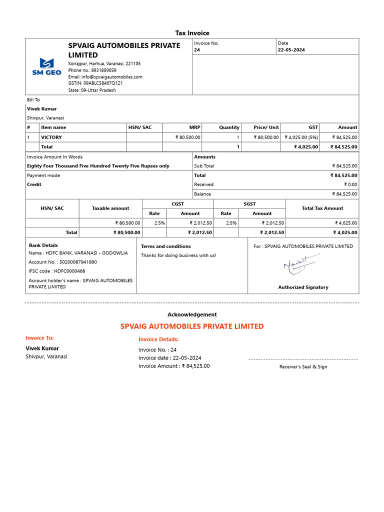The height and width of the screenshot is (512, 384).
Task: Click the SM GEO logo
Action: [44, 66]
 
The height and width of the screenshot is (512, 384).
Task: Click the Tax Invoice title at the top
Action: [192, 33]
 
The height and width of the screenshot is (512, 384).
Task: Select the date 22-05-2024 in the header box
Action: [291, 50]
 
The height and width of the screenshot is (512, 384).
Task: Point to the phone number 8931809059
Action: [103, 70]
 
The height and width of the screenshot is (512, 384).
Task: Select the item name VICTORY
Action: [51, 137]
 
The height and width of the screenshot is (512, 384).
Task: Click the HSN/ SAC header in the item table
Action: [139, 127]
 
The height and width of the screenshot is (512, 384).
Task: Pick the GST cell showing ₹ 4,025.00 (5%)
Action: [301, 137]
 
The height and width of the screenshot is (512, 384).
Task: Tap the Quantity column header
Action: [229, 127]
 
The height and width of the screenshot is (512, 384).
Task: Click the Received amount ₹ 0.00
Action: [350, 184]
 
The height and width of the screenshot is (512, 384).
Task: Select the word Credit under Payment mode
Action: [34, 184]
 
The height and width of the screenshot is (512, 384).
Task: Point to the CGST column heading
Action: [177, 204]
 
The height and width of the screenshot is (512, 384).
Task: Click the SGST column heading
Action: [249, 204]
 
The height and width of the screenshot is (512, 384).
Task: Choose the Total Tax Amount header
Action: [322, 208]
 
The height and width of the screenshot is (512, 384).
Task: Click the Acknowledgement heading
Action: [192, 314]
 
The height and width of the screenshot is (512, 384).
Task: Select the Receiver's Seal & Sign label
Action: [303, 367]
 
